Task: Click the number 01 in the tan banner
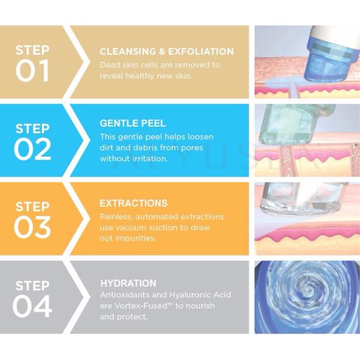32,71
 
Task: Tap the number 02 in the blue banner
32,149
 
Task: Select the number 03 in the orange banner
32,227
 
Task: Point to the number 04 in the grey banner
32,306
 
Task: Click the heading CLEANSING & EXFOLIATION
167,52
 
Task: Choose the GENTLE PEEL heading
133,123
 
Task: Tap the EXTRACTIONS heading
134,203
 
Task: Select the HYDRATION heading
128,283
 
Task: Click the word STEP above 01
32,50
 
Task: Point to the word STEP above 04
32,286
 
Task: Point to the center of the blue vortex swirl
308,293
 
